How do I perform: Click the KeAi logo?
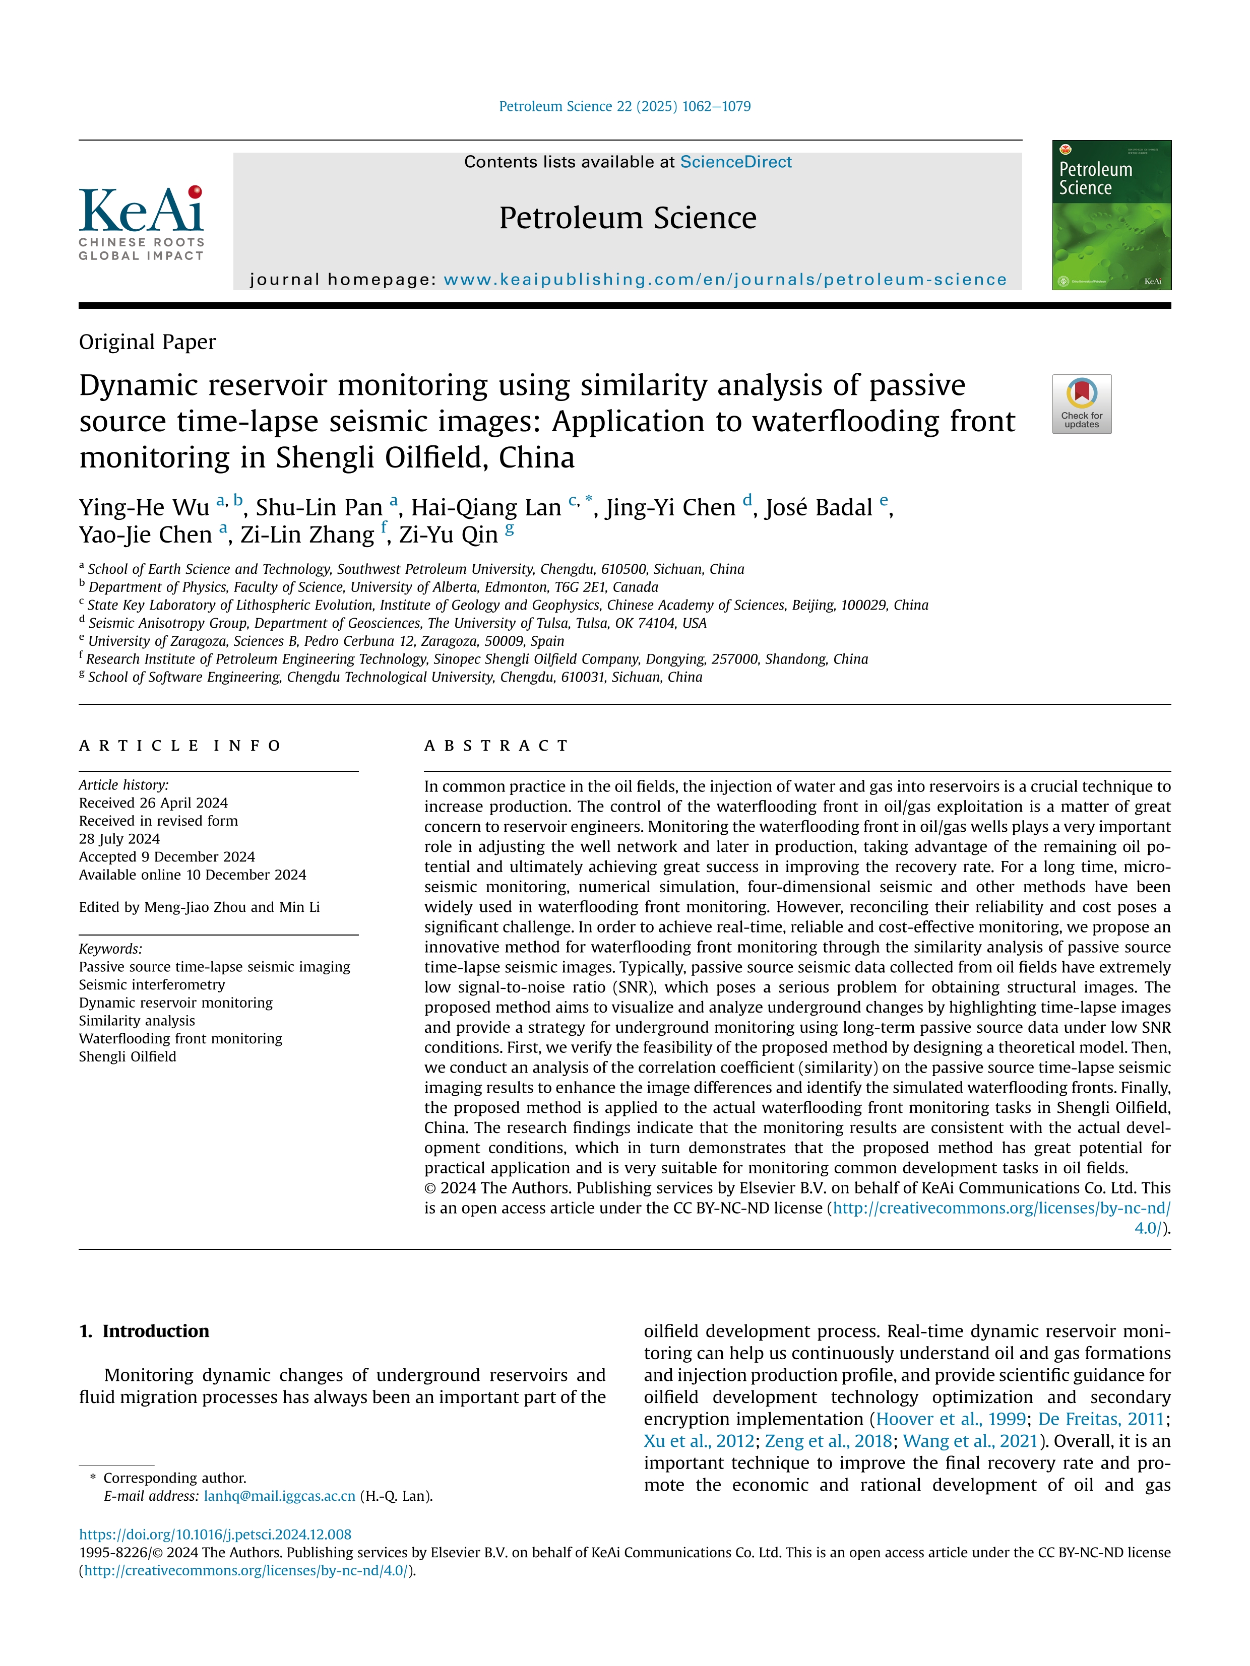pos(141,222)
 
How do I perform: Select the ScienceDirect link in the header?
pos(735,162)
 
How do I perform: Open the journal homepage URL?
pos(725,280)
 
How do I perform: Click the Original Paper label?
pos(148,342)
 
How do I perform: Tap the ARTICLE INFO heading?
pos(180,746)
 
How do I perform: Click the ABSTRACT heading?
pos(496,746)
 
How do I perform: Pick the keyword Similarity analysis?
pos(137,1021)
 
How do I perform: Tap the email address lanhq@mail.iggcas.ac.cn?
pos(280,1496)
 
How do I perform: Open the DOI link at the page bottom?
pos(216,1534)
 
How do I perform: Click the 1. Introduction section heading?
pos(145,1331)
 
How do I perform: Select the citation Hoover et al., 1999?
pos(950,1419)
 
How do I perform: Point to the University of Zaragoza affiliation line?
pos(326,641)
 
